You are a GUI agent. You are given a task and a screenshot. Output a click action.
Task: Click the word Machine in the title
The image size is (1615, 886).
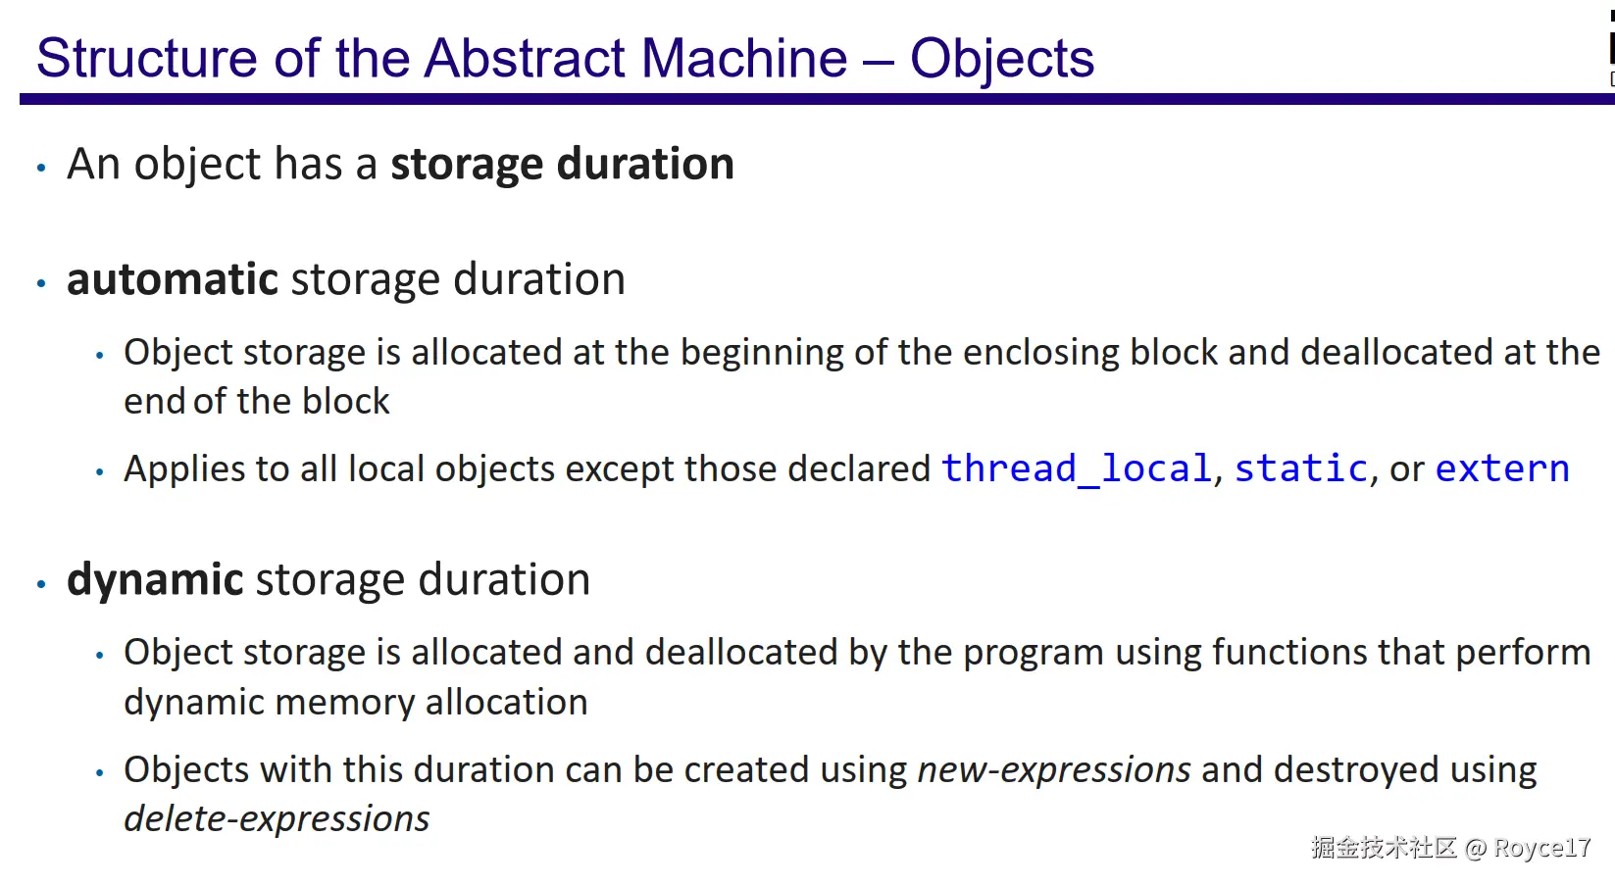pyautogui.click(x=743, y=59)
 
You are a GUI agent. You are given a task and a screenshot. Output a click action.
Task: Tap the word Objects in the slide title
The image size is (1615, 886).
pyautogui.click(x=1002, y=60)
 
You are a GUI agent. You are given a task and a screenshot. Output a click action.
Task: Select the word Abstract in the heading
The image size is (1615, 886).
pyautogui.click(x=525, y=59)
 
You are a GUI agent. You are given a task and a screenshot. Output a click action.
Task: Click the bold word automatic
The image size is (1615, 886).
pyautogui.click(x=173, y=279)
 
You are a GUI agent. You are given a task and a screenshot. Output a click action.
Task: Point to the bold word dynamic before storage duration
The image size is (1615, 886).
pyautogui.click(x=155, y=580)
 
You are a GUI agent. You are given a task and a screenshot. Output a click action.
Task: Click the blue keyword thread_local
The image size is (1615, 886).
pyautogui.click(x=1077, y=469)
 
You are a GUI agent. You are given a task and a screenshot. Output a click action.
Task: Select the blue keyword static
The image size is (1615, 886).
pyautogui.click(x=1301, y=468)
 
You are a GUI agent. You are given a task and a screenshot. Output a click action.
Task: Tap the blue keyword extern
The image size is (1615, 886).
pyautogui.click(x=1502, y=469)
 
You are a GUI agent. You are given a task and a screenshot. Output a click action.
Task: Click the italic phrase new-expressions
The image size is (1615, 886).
pyautogui.click(x=1054, y=770)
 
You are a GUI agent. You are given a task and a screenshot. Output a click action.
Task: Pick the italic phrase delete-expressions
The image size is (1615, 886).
pyautogui.click(x=277, y=819)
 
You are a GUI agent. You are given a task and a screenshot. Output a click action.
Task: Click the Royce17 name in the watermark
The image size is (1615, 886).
pyautogui.click(x=1541, y=848)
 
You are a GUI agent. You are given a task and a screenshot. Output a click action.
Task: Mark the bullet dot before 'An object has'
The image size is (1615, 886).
pyautogui.click(x=41, y=168)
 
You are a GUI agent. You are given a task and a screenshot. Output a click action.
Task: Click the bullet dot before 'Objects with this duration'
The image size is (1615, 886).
pyautogui.click(x=99, y=773)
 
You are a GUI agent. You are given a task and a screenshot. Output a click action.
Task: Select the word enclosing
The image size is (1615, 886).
pyautogui.click(x=1040, y=354)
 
